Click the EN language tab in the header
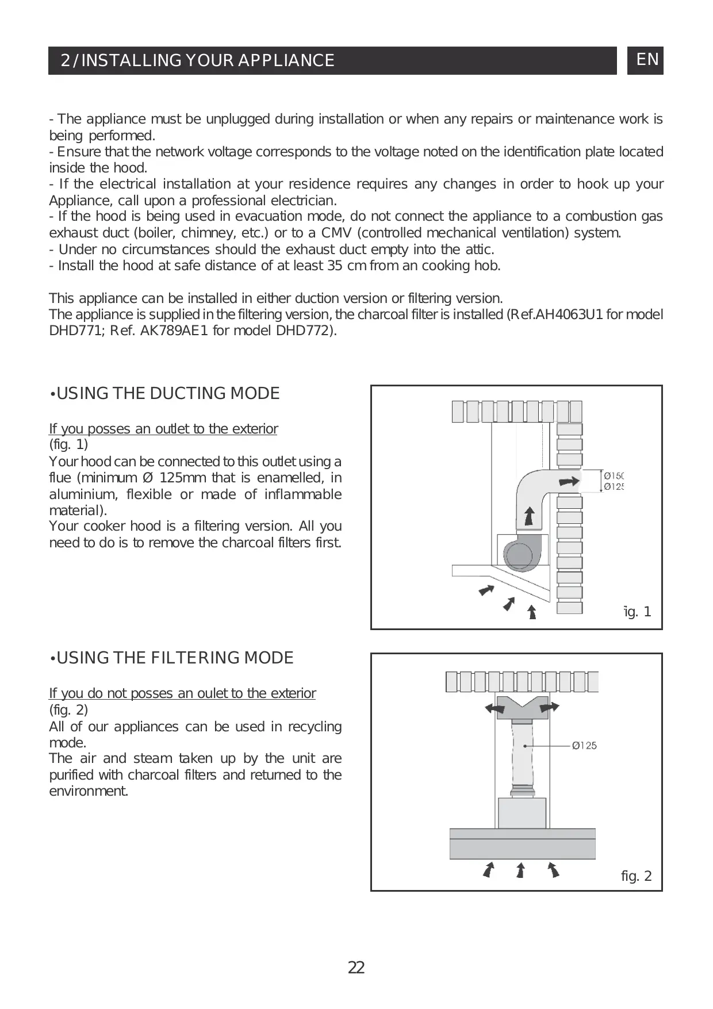pyautogui.click(x=647, y=60)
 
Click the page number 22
pyautogui.click(x=356, y=968)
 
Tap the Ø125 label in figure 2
pyautogui.click(x=584, y=746)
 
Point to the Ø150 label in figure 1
pyautogui.click(x=614, y=475)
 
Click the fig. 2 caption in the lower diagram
pyautogui.click(x=637, y=876)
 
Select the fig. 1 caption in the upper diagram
pyautogui.click(x=638, y=612)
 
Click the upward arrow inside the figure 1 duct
pyautogui.click(x=529, y=516)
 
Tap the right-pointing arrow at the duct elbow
pyautogui.click(x=569, y=482)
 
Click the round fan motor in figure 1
pyautogui.click(x=519, y=555)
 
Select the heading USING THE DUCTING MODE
pyautogui.click(x=165, y=394)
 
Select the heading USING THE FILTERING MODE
pyautogui.click(x=172, y=658)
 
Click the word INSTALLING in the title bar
pyautogui.click(x=131, y=60)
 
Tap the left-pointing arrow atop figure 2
pyautogui.click(x=494, y=707)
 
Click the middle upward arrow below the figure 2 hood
pyautogui.click(x=521, y=870)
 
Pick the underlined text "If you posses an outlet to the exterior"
pyautogui.click(x=163, y=429)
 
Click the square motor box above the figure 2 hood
pyautogui.click(x=522, y=812)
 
